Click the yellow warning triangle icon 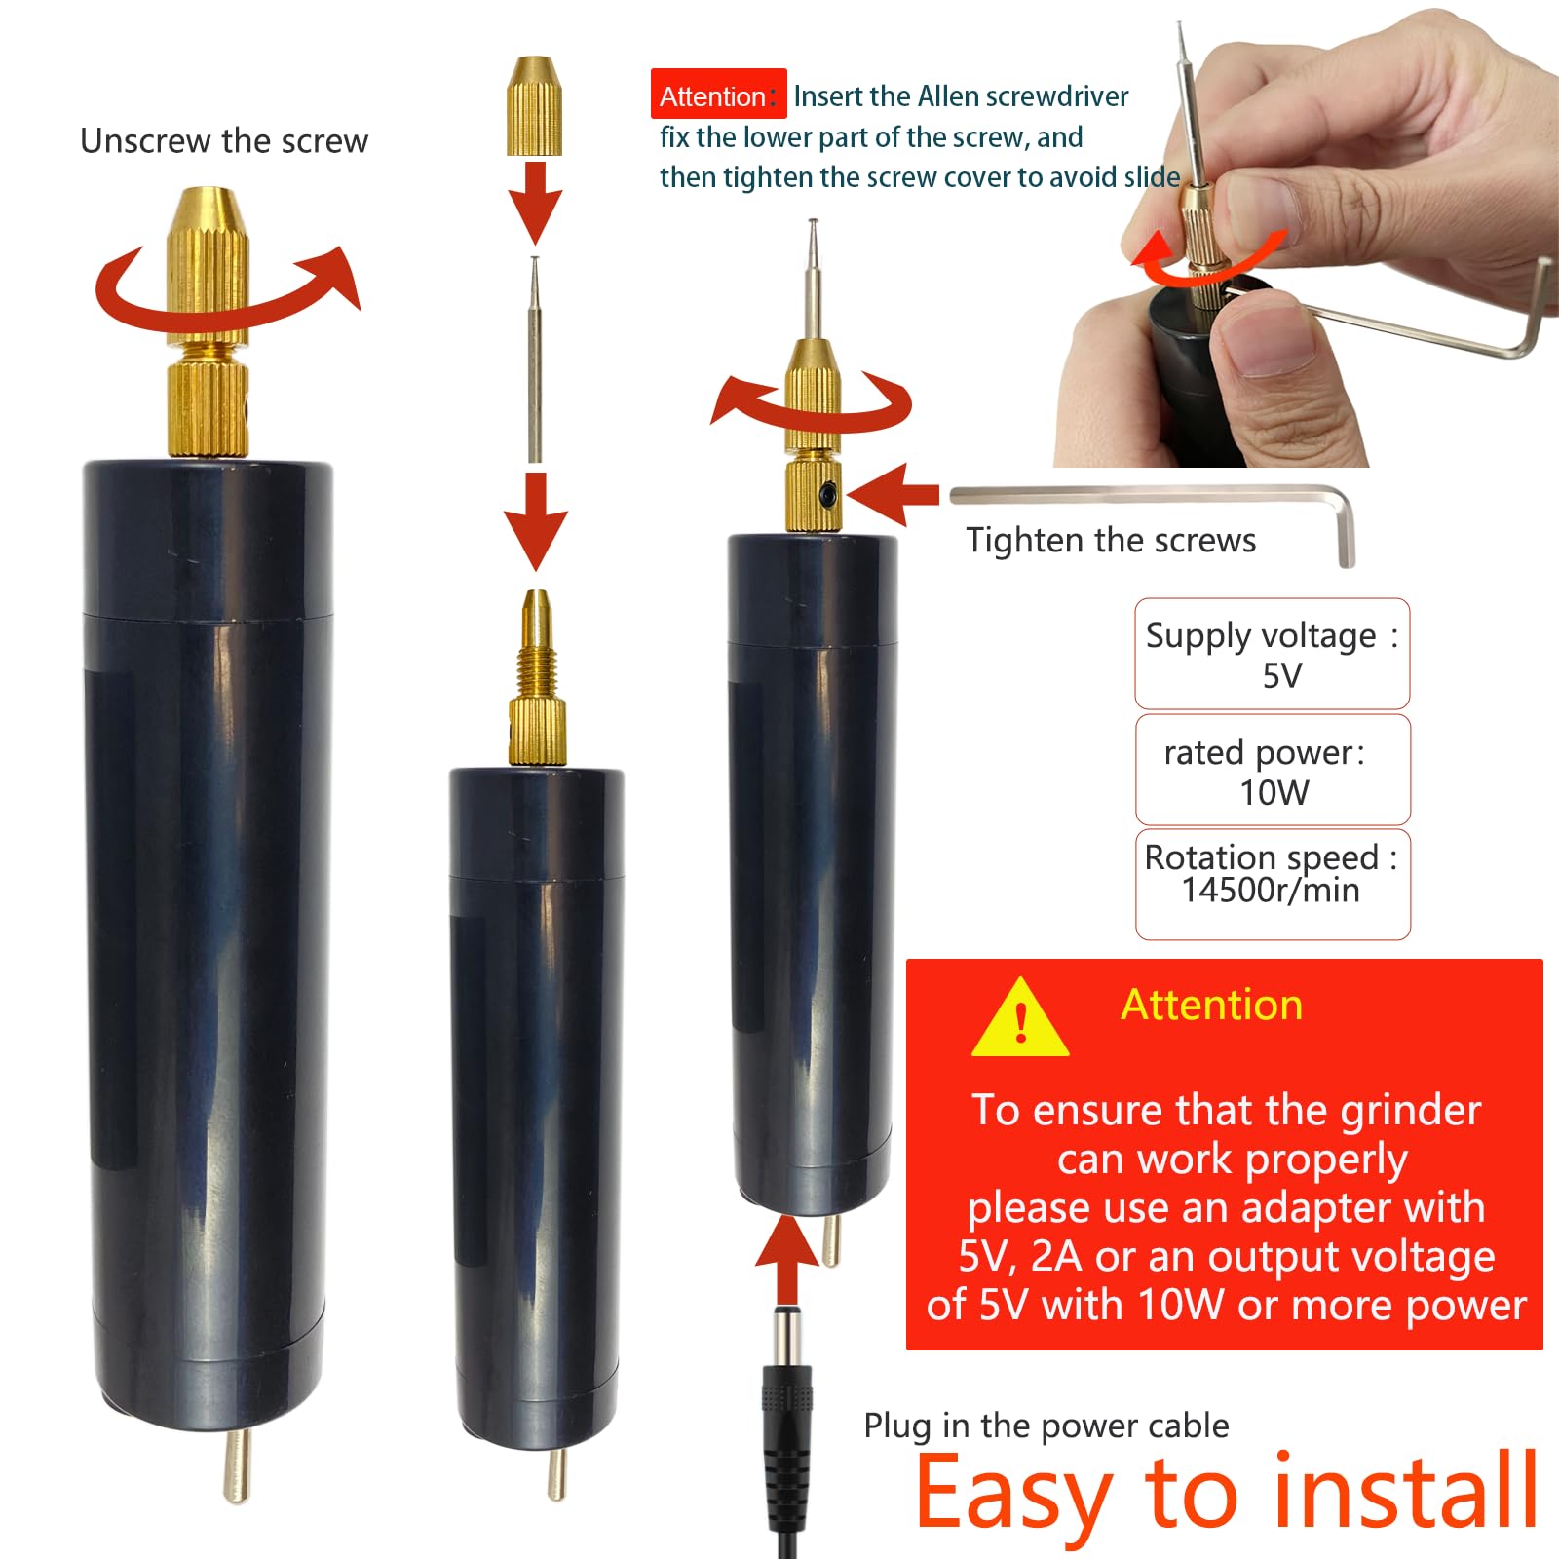[1020, 1019]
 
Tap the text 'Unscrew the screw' [224, 141]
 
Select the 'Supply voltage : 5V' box [1272, 654]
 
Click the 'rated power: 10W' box [1273, 770]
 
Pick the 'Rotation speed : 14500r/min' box [1273, 884]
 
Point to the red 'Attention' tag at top [718, 95]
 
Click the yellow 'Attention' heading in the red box [1211, 1005]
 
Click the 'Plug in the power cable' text [1046, 1426]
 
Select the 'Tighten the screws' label [1111, 540]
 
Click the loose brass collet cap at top [534, 105]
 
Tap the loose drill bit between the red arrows [534, 359]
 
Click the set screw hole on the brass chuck [827, 495]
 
